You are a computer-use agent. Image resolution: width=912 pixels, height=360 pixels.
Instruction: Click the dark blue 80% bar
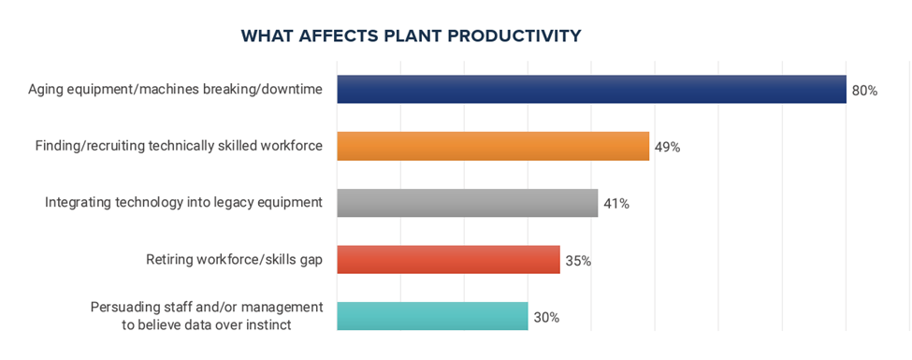(x=591, y=90)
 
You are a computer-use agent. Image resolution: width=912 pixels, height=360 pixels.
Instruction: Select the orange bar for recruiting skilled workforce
(x=493, y=146)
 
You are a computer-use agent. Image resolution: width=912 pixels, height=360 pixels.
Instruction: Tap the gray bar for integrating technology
(x=468, y=203)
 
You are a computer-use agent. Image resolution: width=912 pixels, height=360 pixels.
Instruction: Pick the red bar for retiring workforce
(x=448, y=259)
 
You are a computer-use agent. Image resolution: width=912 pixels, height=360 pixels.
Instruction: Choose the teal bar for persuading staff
(x=433, y=316)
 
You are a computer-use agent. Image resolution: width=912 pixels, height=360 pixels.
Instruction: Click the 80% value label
(x=864, y=91)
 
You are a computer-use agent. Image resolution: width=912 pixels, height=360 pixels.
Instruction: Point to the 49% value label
(x=667, y=147)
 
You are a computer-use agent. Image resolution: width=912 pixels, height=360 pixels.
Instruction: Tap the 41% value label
(x=616, y=204)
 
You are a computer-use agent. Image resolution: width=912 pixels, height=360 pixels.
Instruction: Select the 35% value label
(x=578, y=261)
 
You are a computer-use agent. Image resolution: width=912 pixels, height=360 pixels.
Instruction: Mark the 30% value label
(x=547, y=318)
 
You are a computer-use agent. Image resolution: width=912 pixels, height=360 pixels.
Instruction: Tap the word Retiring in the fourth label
(x=166, y=260)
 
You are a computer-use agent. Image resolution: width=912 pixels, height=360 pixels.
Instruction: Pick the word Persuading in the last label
(x=119, y=306)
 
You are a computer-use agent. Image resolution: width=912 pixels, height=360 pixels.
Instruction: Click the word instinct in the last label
(x=269, y=325)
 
